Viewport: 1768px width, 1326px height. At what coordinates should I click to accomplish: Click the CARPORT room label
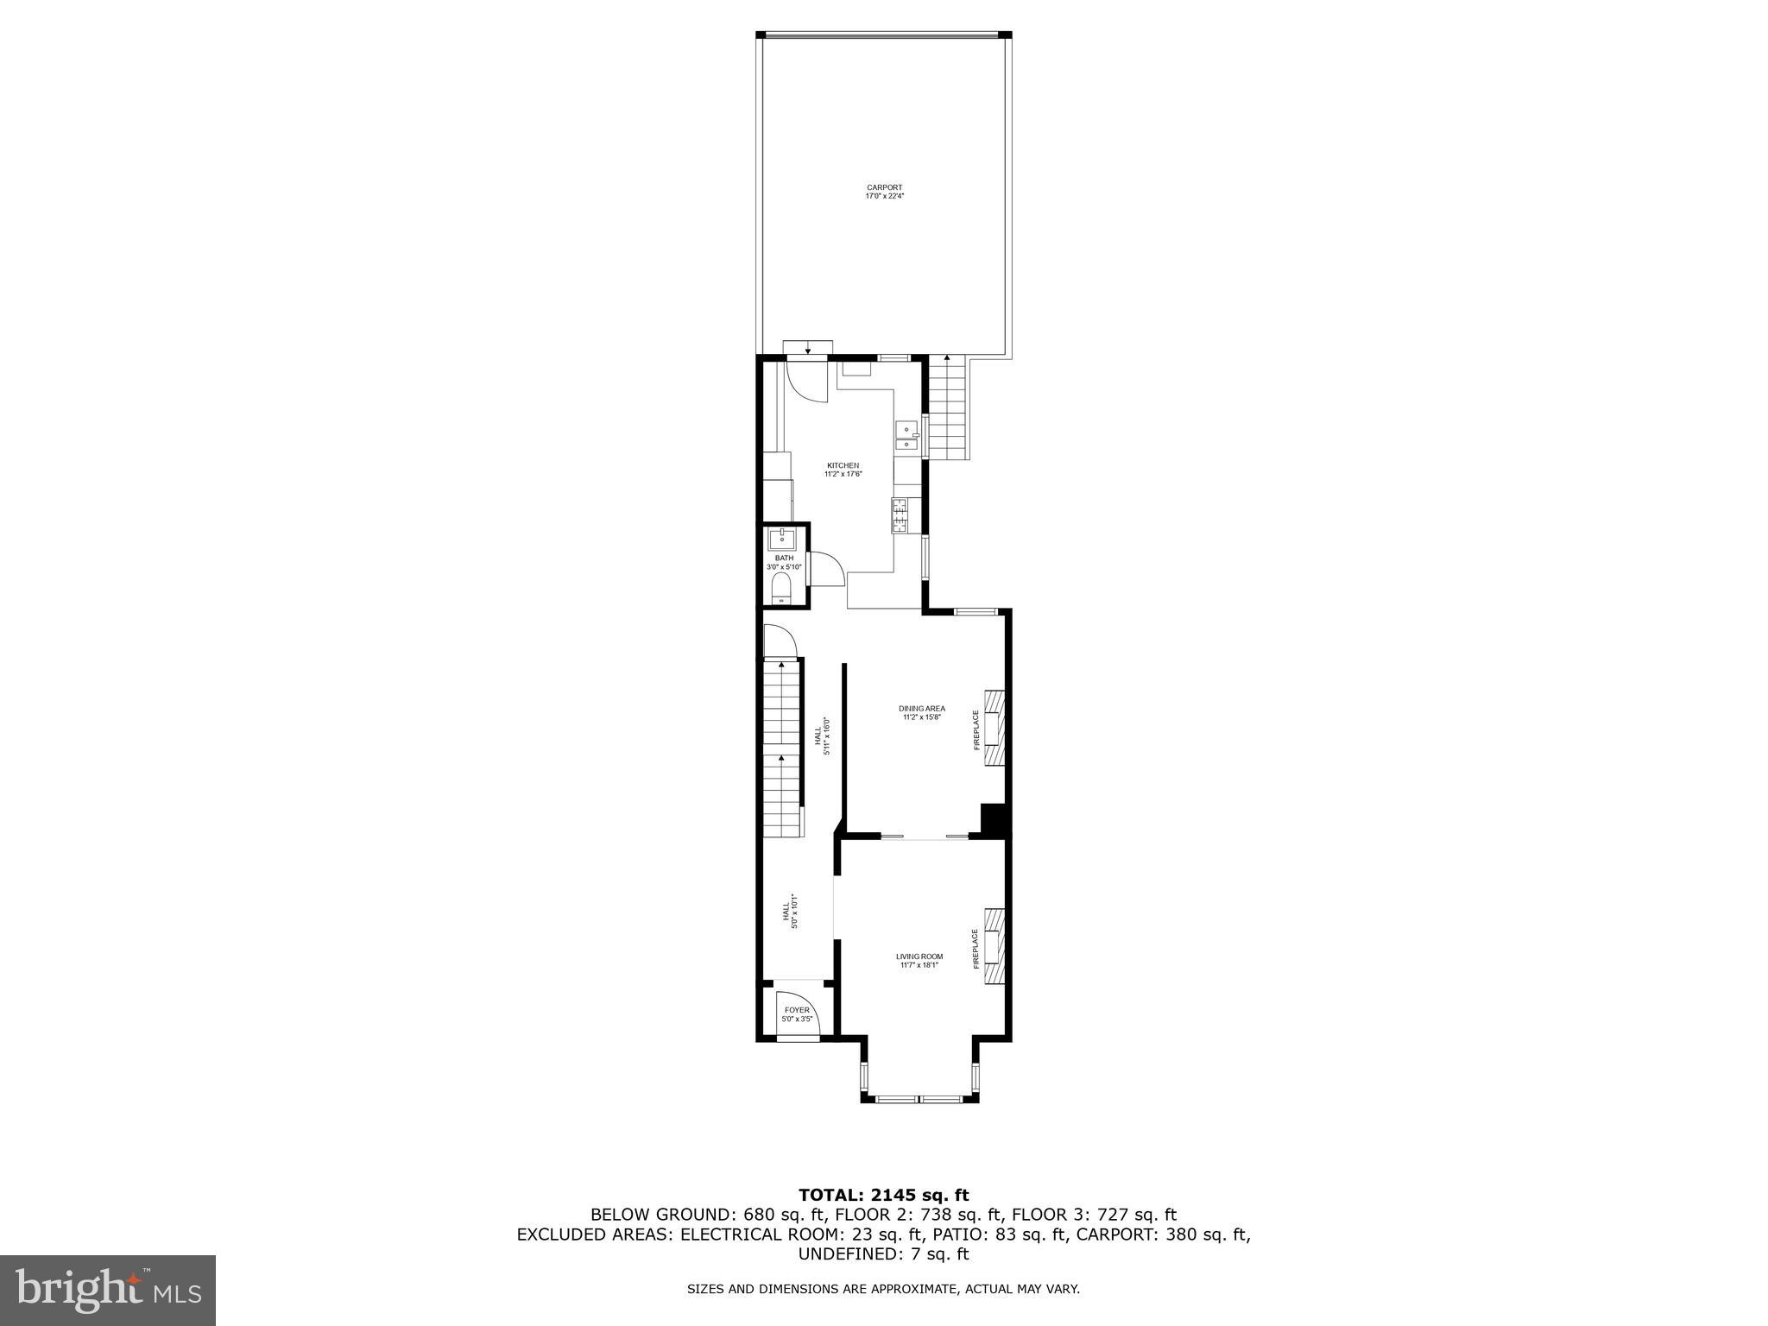(x=884, y=187)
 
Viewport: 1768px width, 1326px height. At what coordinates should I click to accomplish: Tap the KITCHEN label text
(x=842, y=465)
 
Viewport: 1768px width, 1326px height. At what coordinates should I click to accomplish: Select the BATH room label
(x=784, y=558)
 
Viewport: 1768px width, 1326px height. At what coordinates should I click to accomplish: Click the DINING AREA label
(x=921, y=709)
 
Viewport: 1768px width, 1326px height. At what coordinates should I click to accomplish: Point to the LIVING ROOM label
(x=919, y=957)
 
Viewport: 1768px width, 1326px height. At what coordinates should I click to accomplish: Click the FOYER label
(x=797, y=1010)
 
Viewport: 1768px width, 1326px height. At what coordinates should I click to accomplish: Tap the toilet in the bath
(x=780, y=590)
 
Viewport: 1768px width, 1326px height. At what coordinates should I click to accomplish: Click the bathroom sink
(x=782, y=540)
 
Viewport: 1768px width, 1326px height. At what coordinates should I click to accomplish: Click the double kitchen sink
(x=906, y=436)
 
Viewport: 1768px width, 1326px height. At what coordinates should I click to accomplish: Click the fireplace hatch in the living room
(x=995, y=945)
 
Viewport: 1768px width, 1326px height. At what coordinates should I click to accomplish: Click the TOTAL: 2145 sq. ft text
(x=883, y=1196)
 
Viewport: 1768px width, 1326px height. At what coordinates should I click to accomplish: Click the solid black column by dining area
(x=995, y=820)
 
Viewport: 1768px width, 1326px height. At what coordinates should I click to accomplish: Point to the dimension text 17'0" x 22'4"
(x=884, y=197)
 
